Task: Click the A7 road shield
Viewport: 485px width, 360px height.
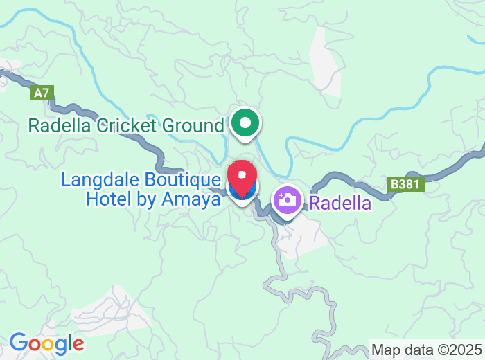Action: pos(42,93)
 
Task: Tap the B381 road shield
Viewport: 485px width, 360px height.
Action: pos(405,185)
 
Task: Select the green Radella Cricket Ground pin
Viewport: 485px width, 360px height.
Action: pos(245,124)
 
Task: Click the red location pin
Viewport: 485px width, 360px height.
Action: pos(242,175)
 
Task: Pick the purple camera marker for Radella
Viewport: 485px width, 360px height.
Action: pos(286,201)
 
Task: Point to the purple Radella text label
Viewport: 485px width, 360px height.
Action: pos(340,204)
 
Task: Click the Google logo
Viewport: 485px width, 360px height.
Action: pos(46,343)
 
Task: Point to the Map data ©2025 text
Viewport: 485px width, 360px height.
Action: pos(426,350)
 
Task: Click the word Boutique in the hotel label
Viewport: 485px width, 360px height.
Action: pos(176,180)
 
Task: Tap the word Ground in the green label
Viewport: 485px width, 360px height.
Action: pos(193,126)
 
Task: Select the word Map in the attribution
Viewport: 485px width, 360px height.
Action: pos(385,350)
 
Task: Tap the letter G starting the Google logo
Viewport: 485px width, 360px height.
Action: pos(18,343)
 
